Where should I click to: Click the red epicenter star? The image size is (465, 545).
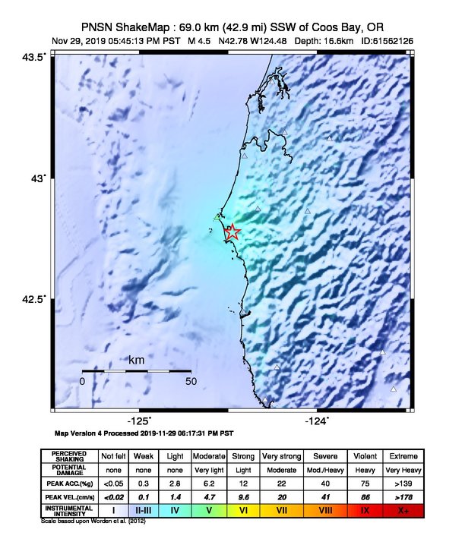(232, 232)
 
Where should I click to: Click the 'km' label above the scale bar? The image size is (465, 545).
(137, 359)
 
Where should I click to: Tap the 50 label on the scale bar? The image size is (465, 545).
(191, 381)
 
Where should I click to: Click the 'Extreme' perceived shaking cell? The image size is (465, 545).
(402, 456)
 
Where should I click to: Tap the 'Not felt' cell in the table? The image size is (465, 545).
(113, 456)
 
